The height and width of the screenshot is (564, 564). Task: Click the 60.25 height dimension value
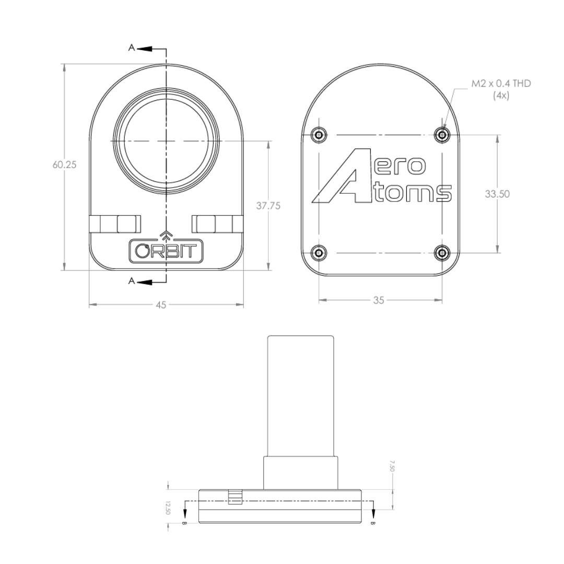[64, 164]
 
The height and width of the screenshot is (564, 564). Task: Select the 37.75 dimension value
[268, 206]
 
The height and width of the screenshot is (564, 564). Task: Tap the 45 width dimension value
[160, 305]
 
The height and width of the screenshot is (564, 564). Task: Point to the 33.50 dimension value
[497, 194]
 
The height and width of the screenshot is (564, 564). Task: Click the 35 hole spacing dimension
[379, 300]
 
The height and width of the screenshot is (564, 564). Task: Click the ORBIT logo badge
[166, 251]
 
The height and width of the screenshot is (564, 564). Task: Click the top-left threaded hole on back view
[318, 135]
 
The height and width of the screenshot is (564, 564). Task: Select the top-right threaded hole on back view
[442, 135]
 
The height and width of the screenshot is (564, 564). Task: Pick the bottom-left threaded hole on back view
[318, 253]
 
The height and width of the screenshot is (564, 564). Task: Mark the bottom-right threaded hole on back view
[442, 253]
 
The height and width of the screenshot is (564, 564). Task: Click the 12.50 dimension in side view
[168, 508]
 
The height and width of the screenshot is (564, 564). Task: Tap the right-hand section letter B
[372, 522]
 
